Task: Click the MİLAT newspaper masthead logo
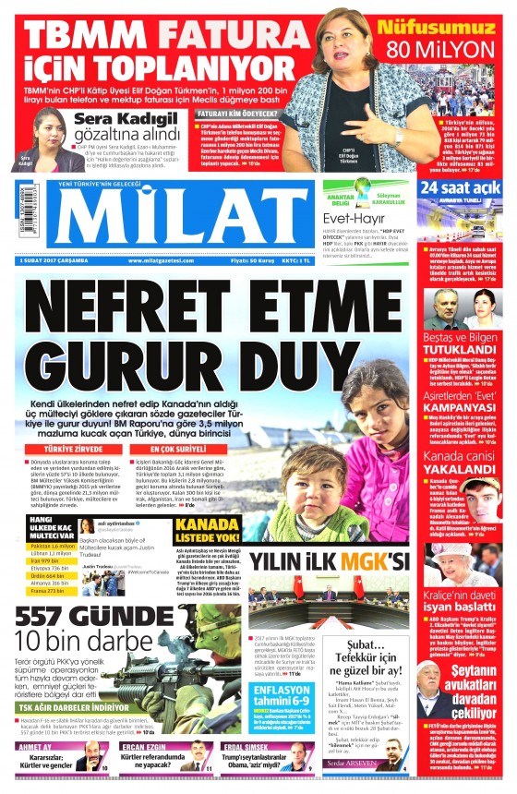pos(166,221)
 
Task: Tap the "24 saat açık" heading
pos(459,188)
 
